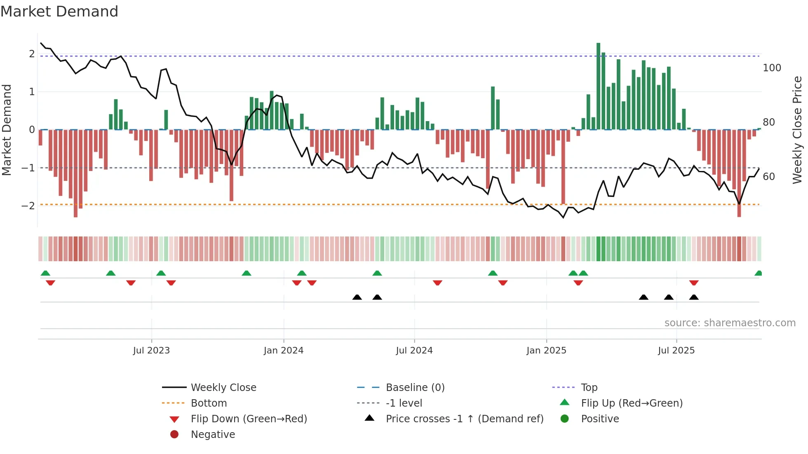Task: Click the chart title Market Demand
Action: tap(59, 12)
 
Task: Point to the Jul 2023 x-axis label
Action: tap(151, 351)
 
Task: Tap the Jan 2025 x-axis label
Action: tap(546, 351)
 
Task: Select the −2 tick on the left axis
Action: tap(28, 206)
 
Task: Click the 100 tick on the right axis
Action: tap(772, 68)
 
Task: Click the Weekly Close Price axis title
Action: tap(797, 130)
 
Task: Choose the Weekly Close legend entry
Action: tap(223, 388)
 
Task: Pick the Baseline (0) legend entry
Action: tap(415, 388)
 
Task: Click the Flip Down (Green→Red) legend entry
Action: tap(249, 419)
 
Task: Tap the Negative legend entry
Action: tap(213, 435)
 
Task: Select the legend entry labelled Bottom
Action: tap(209, 403)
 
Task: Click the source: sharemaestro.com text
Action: tap(730, 323)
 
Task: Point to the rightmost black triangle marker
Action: tap(694, 297)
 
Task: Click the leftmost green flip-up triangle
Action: tap(45, 273)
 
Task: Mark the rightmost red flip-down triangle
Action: tap(694, 283)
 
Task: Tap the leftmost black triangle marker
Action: tap(357, 297)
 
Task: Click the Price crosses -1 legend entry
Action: tap(464, 419)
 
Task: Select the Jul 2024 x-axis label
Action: tap(414, 351)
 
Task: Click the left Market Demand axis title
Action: tap(7, 130)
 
